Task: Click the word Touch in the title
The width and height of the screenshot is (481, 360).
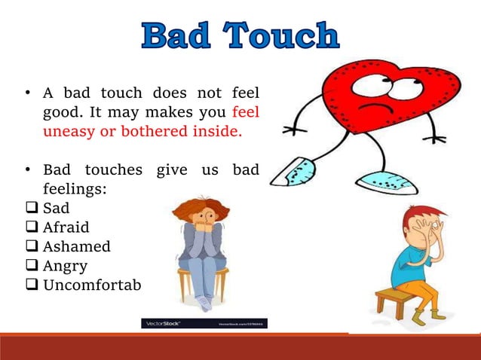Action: (x=283, y=36)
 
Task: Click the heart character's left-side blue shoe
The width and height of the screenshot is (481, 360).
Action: (x=291, y=172)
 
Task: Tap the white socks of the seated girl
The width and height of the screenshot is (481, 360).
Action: (x=204, y=302)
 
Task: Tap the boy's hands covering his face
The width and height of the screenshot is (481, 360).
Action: (x=433, y=234)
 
